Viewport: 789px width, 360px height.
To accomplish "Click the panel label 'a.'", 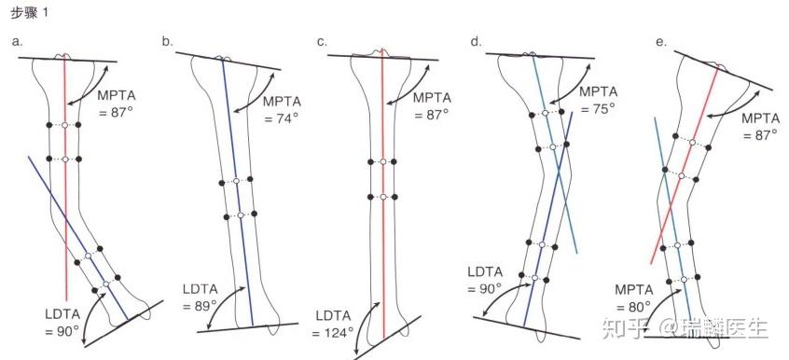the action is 18,42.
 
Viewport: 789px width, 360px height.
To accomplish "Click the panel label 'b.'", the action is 168,42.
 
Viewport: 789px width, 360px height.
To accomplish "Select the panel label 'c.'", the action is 322,42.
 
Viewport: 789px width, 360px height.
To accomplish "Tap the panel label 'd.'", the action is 476,42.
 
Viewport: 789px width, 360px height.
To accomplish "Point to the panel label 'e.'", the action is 660,42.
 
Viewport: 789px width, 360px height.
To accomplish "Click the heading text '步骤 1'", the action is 29,14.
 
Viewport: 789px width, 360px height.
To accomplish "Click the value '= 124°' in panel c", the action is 332,333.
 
